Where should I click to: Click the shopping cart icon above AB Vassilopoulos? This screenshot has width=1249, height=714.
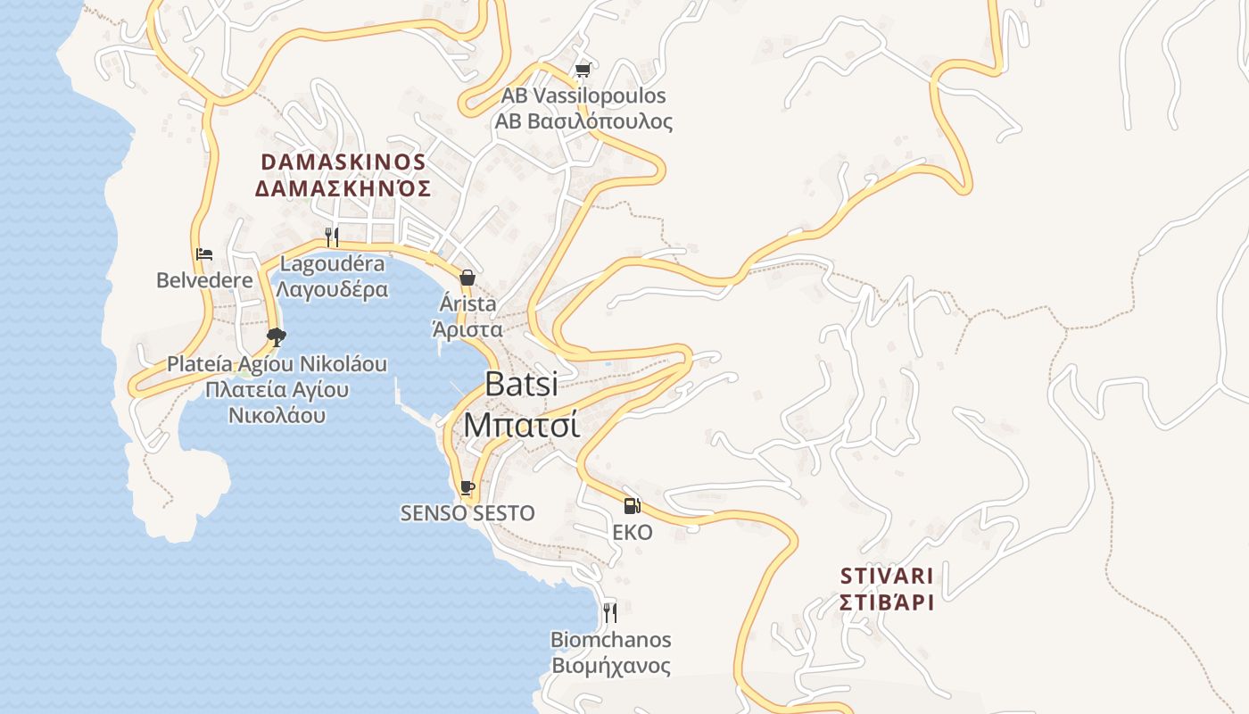[583, 70]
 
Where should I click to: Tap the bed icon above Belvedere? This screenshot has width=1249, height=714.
[204, 254]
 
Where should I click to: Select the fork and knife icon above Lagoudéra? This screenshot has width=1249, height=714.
[332, 237]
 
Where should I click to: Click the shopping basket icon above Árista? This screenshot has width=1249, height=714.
[467, 278]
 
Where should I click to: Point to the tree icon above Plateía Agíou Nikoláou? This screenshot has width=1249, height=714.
[277, 336]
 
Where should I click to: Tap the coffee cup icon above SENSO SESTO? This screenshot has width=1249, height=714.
[467, 487]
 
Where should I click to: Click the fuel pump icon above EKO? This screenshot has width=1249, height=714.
[632, 506]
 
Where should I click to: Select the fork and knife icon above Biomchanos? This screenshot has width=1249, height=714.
[610, 612]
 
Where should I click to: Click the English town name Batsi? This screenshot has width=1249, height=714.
[522, 384]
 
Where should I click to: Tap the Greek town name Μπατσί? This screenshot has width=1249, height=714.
[522, 424]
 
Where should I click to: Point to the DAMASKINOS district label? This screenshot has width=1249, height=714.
[343, 162]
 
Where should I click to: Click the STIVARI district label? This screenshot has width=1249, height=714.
[887, 576]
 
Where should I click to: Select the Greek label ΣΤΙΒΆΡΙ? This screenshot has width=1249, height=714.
[887, 602]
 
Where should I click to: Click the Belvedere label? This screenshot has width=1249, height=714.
[204, 280]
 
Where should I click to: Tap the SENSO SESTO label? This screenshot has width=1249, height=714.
[467, 513]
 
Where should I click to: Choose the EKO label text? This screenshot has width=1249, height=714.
[633, 533]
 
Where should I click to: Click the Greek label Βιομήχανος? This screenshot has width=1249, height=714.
[611, 666]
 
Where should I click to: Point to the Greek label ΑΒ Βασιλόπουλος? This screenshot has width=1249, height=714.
[584, 122]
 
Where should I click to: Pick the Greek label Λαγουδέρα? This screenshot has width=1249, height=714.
[332, 289]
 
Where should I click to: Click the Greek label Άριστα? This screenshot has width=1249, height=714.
[467, 329]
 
